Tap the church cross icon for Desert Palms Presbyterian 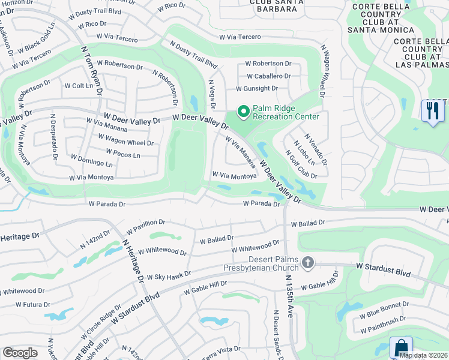(308, 262)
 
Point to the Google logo (20, 353)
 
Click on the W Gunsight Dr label (256, 88)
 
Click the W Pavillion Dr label (145, 227)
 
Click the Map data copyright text (423, 355)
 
